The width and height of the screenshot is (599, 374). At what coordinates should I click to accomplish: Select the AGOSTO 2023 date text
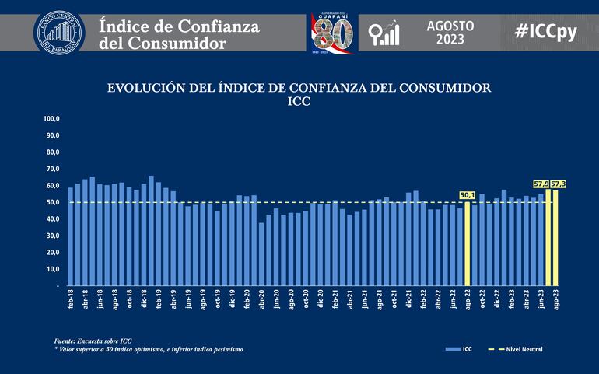click(450, 31)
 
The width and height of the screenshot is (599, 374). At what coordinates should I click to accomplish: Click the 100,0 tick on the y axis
click(51, 119)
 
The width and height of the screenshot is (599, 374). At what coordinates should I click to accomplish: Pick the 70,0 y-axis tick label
click(51, 169)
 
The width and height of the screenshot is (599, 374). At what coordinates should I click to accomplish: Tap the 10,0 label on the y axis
click(51, 269)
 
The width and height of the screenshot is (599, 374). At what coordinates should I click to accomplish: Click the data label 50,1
click(468, 195)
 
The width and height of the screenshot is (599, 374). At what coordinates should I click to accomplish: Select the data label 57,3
click(558, 184)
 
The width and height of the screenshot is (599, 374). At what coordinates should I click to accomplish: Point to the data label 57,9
click(541, 184)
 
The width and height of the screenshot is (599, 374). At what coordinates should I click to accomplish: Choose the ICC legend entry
click(461, 349)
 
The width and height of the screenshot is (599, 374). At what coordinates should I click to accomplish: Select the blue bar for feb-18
click(71, 236)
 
